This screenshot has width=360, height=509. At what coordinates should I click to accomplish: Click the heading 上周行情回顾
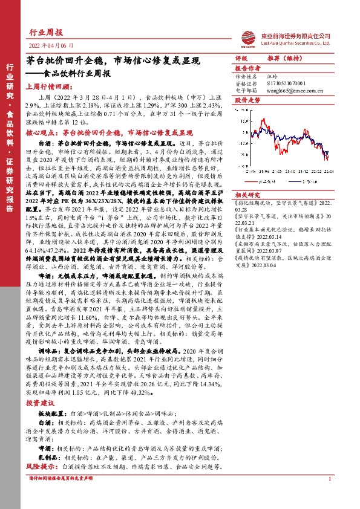(x=47, y=86)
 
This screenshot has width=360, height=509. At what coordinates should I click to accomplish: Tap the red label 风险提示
(x=40, y=467)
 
